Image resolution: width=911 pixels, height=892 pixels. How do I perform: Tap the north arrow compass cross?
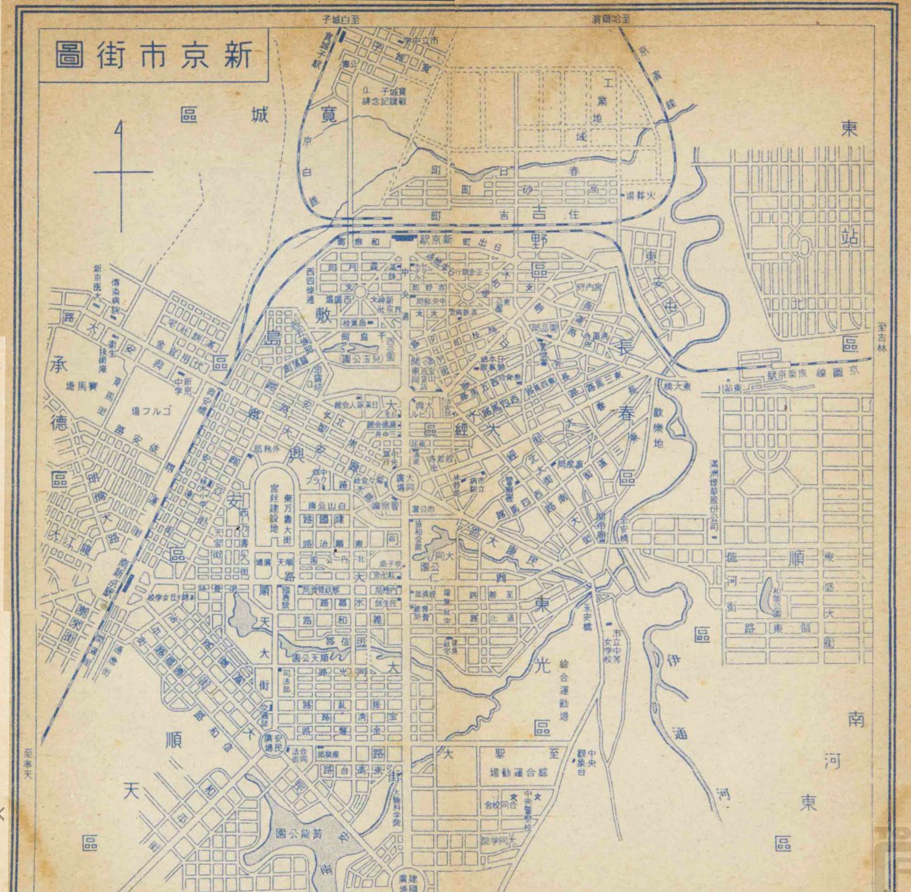click(x=121, y=172)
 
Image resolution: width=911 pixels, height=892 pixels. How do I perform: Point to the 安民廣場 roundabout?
click(x=271, y=742)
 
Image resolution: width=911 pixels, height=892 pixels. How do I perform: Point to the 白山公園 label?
click(x=327, y=505)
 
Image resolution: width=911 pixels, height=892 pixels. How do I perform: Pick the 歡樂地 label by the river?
click(x=658, y=428)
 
